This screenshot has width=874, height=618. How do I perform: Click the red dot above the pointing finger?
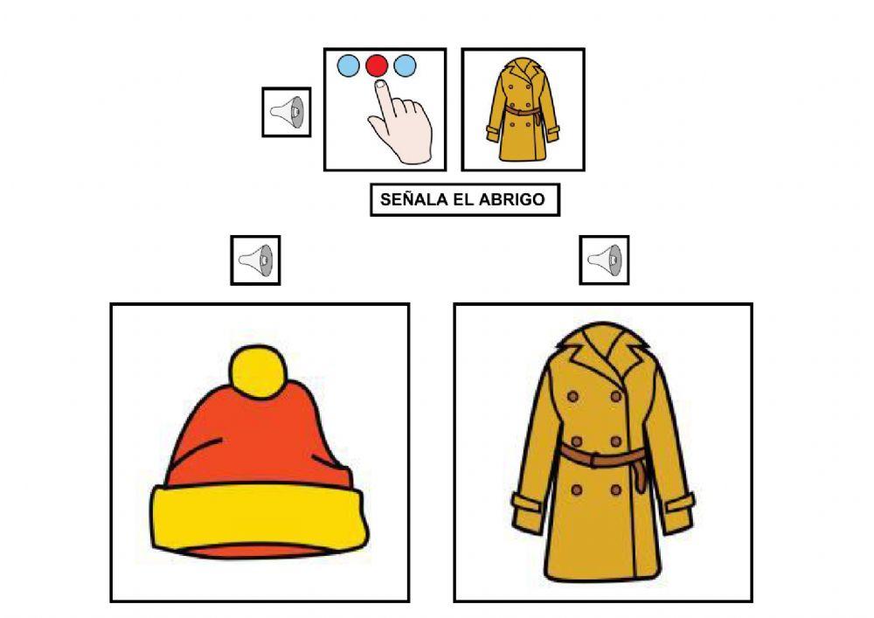click(377, 66)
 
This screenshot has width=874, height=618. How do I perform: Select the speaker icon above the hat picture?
click(255, 260)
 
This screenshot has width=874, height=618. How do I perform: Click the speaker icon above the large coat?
click(604, 260)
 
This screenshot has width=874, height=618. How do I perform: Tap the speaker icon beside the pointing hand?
click(287, 112)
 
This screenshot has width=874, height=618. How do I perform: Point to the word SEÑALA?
click(413, 199)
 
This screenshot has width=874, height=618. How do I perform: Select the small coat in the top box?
click(523, 110)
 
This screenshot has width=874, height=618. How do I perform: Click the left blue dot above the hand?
click(348, 66)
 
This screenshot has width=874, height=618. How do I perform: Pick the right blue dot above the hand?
click(405, 66)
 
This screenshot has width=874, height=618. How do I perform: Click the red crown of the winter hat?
click(253, 437)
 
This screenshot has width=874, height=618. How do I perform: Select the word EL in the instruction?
click(463, 199)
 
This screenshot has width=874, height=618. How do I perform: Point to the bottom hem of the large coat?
click(603, 577)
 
